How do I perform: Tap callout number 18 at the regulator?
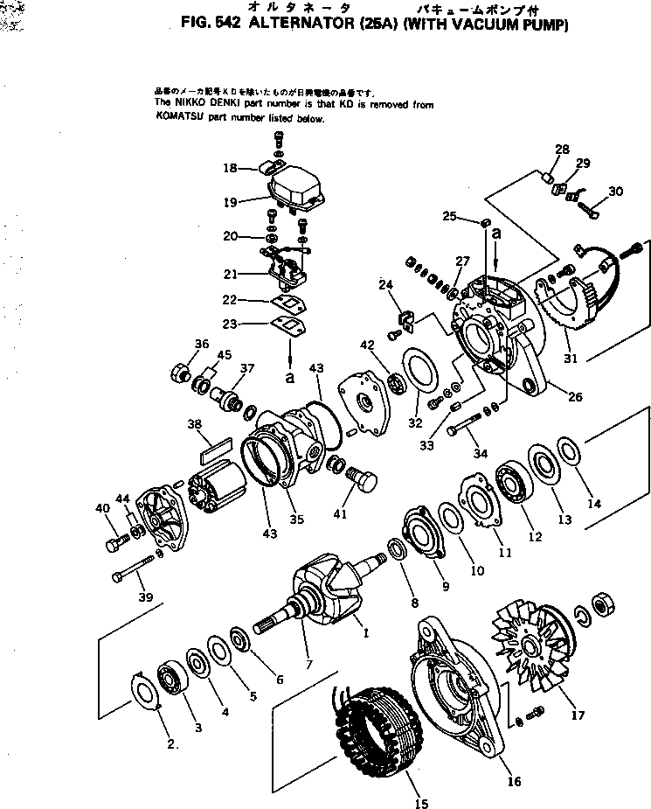[x=230, y=167]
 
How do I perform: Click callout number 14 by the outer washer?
[x=594, y=503]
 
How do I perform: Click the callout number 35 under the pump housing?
[x=297, y=519]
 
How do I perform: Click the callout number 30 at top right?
[x=616, y=192]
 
